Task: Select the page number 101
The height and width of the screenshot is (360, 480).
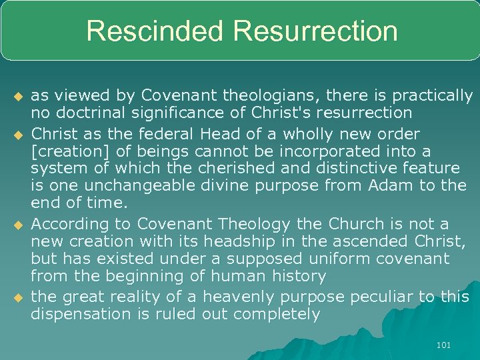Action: (443, 345)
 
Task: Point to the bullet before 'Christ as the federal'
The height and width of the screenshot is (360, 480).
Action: (18, 134)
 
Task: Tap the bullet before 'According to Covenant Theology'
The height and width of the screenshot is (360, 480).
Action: (18, 225)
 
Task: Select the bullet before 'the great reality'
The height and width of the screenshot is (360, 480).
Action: (18, 297)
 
